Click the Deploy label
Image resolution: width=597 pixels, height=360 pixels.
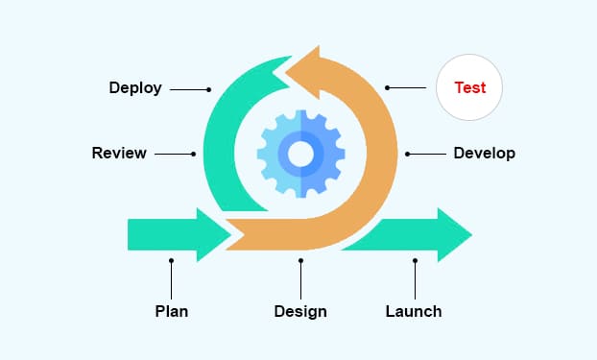(x=135, y=88)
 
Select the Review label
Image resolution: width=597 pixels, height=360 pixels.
(x=119, y=153)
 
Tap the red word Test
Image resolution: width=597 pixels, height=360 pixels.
(x=469, y=87)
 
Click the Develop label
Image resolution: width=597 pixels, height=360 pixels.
(x=484, y=153)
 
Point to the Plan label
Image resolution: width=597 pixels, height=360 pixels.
(x=171, y=311)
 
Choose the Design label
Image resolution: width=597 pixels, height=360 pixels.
(x=300, y=311)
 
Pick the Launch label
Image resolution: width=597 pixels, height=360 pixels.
(x=414, y=311)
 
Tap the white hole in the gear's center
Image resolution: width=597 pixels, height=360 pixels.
(x=300, y=153)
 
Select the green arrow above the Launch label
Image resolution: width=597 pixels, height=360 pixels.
(x=413, y=234)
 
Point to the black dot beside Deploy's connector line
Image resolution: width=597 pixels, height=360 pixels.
(x=208, y=89)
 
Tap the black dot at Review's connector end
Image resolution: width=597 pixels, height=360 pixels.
(x=194, y=154)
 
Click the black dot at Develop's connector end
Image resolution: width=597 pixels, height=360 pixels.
(x=408, y=154)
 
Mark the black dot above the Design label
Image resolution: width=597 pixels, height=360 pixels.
(x=300, y=260)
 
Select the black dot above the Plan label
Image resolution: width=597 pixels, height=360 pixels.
(x=171, y=260)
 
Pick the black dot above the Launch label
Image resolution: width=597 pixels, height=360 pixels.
(x=415, y=260)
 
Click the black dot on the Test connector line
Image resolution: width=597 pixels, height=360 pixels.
(x=388, y=88)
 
